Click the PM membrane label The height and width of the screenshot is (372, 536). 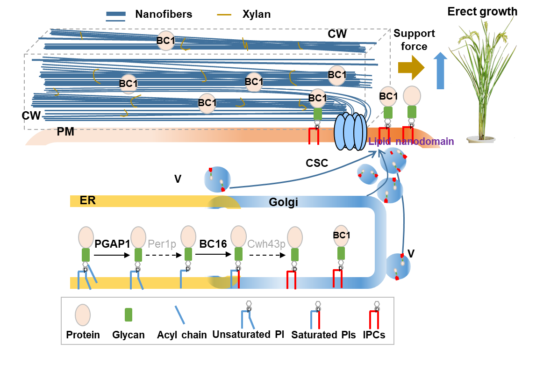(x=65, y=132)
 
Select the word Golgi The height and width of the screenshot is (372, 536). (x=283, y=202)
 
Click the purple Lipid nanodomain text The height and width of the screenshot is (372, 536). (x=411, y=141)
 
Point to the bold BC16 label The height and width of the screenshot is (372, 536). (x=213, y=244)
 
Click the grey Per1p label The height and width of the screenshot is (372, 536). (x=162, y=244)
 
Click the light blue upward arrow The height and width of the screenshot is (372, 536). (x=440, y=70)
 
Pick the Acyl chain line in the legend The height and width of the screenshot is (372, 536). (x=179, y=315)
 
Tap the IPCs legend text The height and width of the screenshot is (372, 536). (x=374, y=335)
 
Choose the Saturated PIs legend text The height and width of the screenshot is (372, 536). (x=320, y=335)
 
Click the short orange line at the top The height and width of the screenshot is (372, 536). (x=224, y=14)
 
